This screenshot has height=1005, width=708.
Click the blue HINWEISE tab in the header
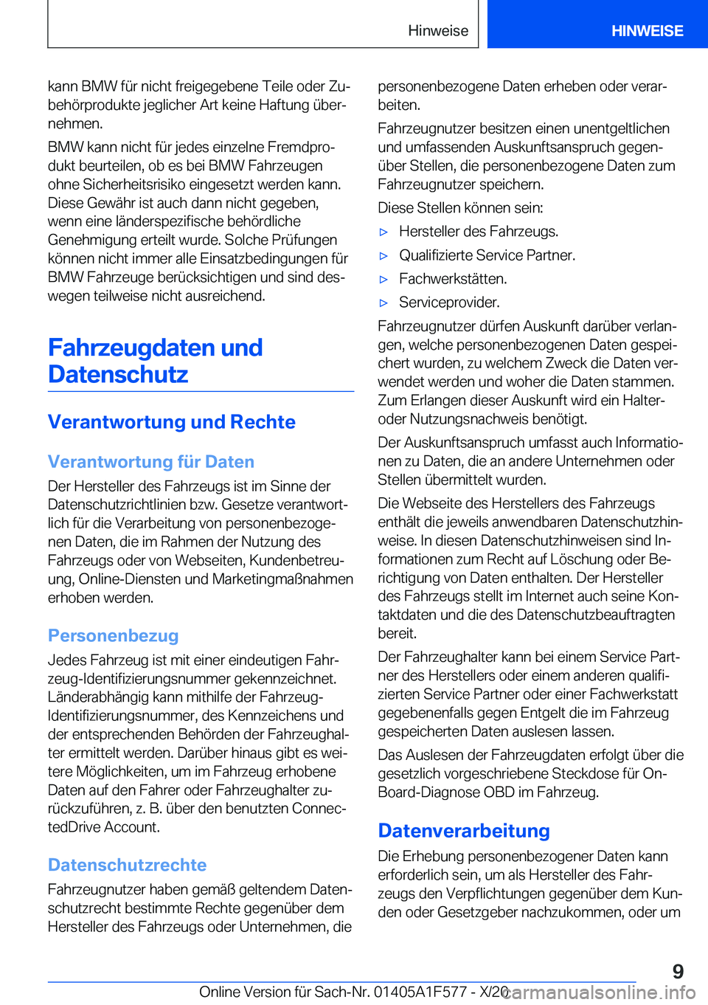[x=647, y=31]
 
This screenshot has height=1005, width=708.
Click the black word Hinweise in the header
[x=438, y=31]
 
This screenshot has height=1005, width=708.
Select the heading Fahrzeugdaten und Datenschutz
[x=155, y=361]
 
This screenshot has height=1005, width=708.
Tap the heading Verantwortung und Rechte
[x=171, y=422]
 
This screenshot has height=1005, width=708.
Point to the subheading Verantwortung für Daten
[x=150, y=462]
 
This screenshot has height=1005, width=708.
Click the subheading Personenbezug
[x=113, y=635]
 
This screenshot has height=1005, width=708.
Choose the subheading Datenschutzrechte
[x=127, y=865]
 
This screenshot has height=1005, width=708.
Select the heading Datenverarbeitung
[x=463, y=831]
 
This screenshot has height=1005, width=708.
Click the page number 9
[x=678, y=971]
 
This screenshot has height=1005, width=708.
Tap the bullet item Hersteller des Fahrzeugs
[x=478, y=232]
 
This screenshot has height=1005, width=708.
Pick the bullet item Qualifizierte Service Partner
[x=487, y=255]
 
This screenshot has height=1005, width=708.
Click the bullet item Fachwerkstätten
[x=452, y=279]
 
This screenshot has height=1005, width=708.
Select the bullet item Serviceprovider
[x=449, y=303]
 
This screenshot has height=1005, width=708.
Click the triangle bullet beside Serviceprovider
[x=383, y=303]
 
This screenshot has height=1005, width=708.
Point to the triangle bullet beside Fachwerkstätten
[x=383, y=279]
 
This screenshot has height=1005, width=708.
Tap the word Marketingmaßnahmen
[x=282, y=579]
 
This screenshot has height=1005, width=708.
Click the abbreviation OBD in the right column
[x=499, y=792]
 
